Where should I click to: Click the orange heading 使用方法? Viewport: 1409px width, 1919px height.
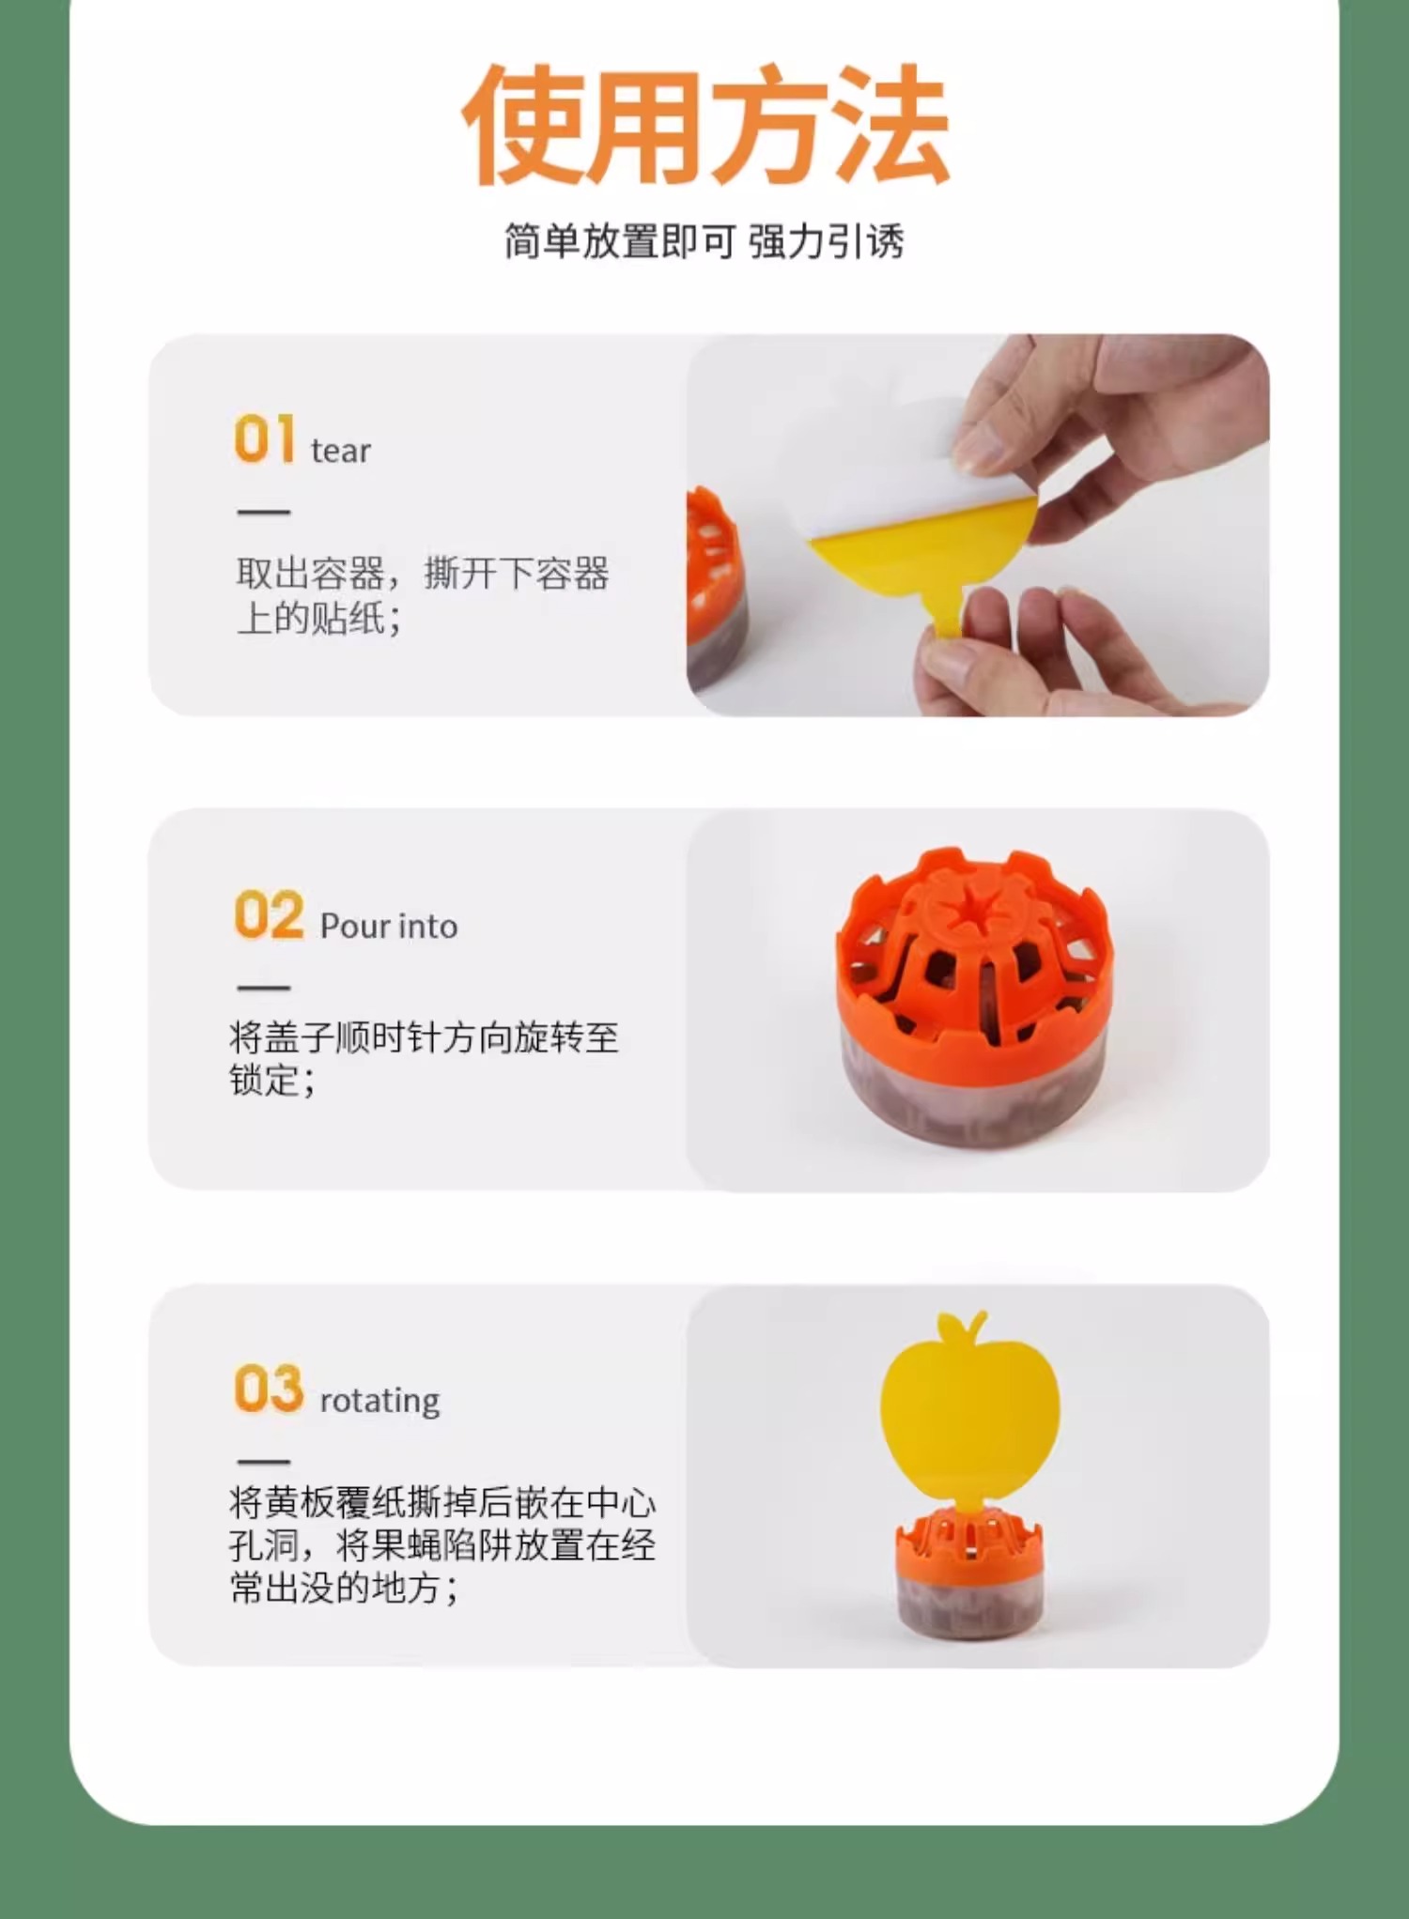click(705, 124)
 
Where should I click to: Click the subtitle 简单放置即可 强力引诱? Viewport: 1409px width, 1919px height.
click(704, 241)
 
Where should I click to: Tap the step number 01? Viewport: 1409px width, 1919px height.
click(265, 438)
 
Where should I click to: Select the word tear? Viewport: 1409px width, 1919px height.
click(341, 452)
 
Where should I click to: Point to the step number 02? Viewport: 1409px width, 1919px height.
click(269, 914)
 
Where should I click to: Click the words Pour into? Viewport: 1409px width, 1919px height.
click(389, 927)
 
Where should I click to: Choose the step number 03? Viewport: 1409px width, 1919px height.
click(269, 1389)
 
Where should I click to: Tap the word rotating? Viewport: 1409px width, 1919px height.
click(380, 1402)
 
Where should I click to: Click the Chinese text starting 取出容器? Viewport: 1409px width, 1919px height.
click(423, 595)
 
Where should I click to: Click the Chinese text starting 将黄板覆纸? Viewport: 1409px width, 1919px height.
click(442, 1545)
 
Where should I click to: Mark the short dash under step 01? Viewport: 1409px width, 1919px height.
click(264, 513)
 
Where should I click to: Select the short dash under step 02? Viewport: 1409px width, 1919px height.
click(264, 988)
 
